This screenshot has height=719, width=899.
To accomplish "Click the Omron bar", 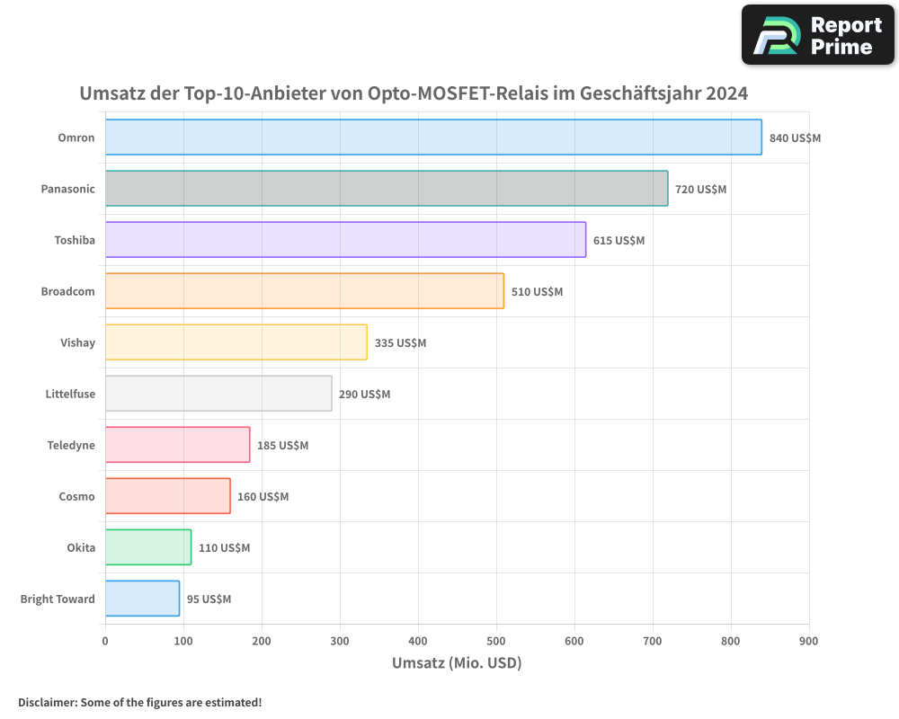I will tap(433, 138).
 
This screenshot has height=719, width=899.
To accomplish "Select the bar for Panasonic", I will tap(387, 189).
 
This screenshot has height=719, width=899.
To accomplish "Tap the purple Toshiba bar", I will tap(345, 240).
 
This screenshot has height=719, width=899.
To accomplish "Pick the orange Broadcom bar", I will tap(305, 291).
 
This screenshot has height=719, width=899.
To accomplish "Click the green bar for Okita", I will tap(148, 547).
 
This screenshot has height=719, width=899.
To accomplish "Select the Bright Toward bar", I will tap(142, 599).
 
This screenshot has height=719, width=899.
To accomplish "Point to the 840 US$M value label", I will tap(795, 138).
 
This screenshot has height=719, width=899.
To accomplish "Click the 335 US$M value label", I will tap(400, 343).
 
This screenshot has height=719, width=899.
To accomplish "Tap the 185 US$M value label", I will tap(282, 446).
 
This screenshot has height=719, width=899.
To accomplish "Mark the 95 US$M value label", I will tap(209, 599).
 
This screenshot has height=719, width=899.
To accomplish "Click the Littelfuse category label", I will tap(70, 394).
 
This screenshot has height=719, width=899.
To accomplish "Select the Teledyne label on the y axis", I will tap(71, 445).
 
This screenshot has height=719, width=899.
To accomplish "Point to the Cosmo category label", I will tap(76, 496).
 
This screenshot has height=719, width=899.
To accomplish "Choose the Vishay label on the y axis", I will tap(77, 342).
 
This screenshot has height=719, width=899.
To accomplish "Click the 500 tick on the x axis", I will tap(496, 641).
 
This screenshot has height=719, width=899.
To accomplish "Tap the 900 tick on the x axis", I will tap(808, 641).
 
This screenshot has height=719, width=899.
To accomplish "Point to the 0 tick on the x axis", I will tap(105, 641).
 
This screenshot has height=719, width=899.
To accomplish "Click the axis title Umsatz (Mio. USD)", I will tap(457, 663).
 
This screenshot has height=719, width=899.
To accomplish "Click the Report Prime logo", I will tap(817, 35).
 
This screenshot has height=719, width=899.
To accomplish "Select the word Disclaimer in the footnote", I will tap(47, 702).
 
